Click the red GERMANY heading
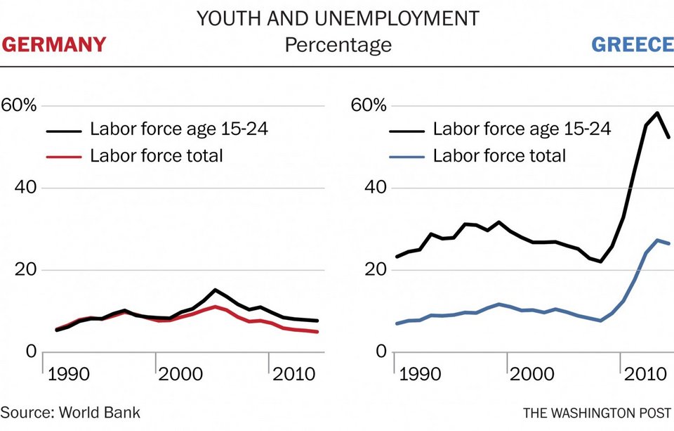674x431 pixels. point(54,45)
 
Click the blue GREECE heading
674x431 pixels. point(632,45)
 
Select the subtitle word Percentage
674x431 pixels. point(338,46)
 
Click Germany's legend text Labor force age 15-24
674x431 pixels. point(179,129)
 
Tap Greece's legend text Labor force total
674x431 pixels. point(499,155)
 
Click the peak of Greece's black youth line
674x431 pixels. point(657,112)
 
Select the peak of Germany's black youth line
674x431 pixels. point(215,290)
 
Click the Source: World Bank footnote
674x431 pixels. point(70,412)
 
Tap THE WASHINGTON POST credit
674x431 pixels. point(597,412)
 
